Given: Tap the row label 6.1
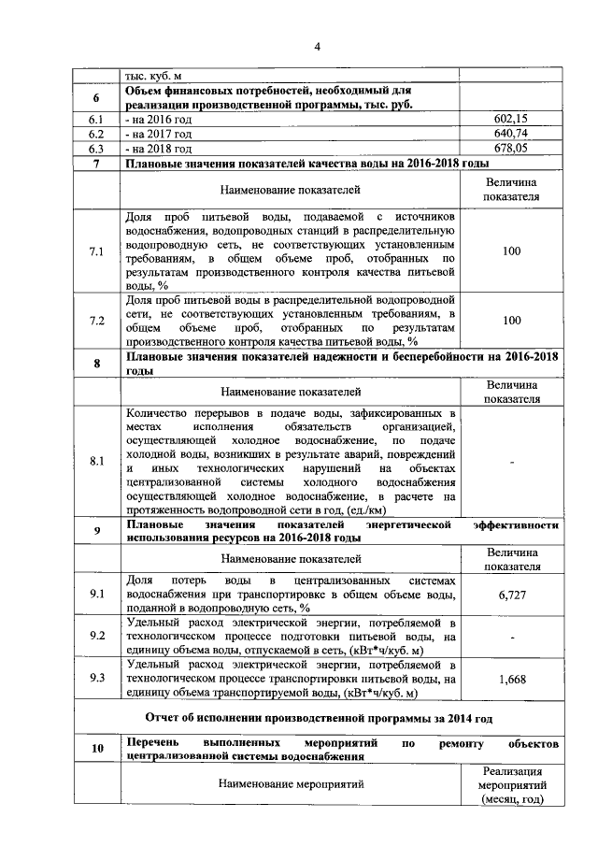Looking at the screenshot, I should pos(95,120).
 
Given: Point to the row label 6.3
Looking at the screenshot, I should pos(95,148).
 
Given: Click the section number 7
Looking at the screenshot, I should pos(95,164).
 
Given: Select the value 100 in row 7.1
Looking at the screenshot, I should pos(510,251).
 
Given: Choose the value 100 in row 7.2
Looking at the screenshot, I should pos(510,320).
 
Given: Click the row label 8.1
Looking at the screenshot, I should pos(95,461).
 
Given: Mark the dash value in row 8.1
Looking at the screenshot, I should pos(510,461).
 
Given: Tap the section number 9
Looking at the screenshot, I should pos(95,532).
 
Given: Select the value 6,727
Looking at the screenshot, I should pos(510,594).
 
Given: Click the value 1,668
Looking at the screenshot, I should pos(510,680).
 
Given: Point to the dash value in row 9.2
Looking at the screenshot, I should pos(510,637).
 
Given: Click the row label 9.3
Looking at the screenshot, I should pos(95,680).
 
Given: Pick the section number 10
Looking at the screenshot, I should pos(95,750).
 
